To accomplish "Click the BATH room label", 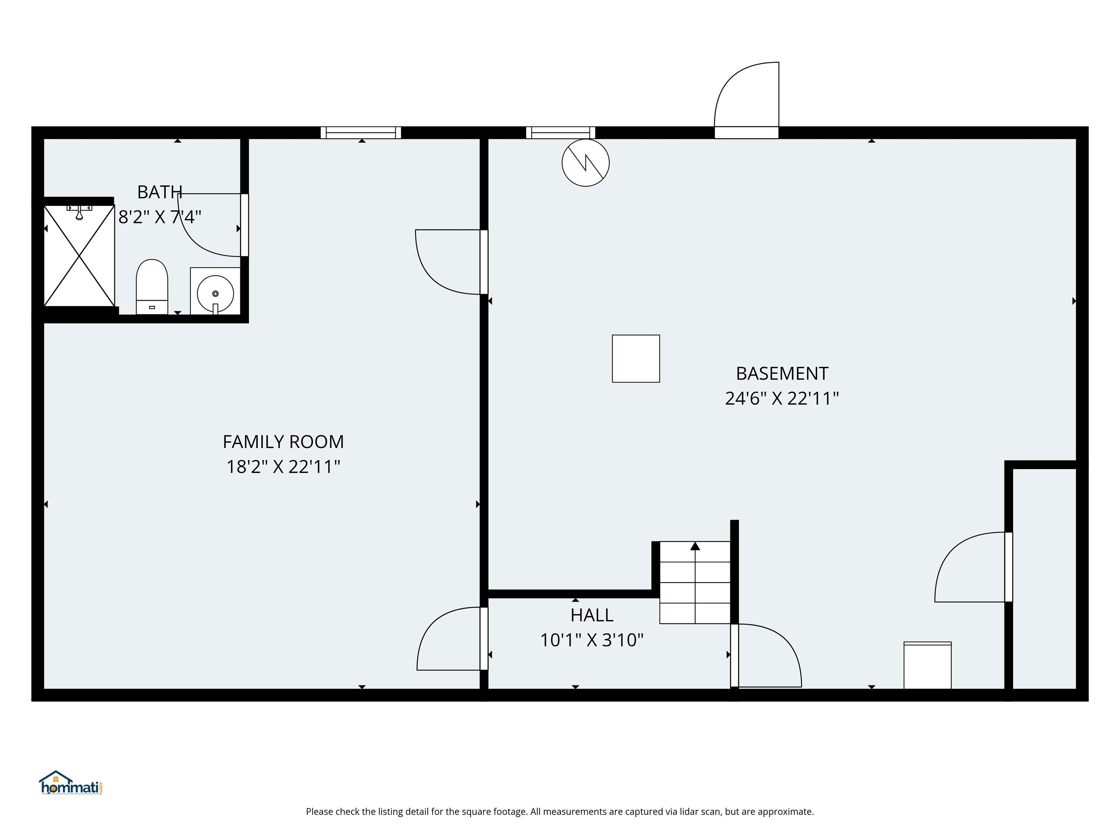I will point(159,192).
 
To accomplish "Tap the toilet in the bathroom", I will point(152,287).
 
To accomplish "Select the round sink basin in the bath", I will point(215,293).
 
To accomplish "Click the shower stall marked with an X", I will point(79,256).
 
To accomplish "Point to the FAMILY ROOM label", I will point(283,442).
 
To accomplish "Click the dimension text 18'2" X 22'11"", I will point(283,467).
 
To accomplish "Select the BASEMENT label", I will point(782,374).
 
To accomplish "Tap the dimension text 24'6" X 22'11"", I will point(782,398).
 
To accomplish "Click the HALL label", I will point(591,615).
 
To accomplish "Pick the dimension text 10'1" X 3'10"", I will point(591,640).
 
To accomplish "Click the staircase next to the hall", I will point(695,582).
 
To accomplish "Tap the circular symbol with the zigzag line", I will point(585,163).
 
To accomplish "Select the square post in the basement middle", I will point(635,358).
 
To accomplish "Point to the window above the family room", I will point(361,133).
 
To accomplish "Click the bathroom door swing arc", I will point(203,233).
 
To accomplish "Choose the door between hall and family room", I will point(448,639).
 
